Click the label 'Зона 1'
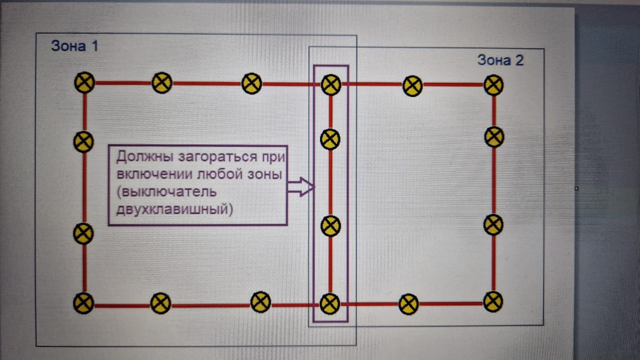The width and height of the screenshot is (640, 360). (x=74, y=46)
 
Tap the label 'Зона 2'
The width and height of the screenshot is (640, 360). (x=500, y=60)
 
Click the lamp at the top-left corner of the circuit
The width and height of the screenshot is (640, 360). (x=84, y=82)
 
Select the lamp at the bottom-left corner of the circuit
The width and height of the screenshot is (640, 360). (x=84, y=303)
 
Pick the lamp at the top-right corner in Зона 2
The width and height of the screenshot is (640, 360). (x=494, y=85)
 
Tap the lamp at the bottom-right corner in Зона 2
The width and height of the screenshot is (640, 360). (x=493, y=302)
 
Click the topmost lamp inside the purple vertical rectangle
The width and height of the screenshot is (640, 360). (x=331, y=84)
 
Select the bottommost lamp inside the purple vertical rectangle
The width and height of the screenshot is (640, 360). (x=330, y=304)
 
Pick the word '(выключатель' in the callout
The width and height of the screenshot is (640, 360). (x=166, y=192)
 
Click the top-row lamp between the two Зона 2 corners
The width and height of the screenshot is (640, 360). (x=412, y=86)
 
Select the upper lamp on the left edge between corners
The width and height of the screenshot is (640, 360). (x=84, y=142)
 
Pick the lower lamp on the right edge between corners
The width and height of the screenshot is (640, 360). (x=493, y=225)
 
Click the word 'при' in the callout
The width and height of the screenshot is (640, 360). (x=274, y=157)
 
